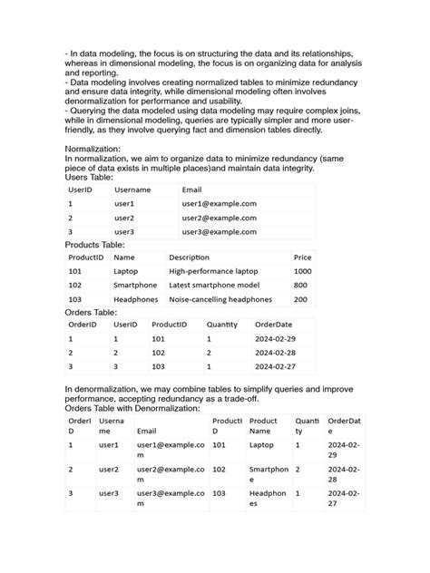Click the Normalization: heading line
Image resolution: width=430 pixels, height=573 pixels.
[99, 148]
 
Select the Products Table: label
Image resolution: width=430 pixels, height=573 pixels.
[95, 245]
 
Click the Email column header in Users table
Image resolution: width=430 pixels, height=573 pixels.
[191, 190]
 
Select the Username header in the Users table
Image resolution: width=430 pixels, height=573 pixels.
[132, 190]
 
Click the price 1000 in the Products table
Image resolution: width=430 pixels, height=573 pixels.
[302, 271]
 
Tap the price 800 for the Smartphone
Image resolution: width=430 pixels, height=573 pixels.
[300, 285]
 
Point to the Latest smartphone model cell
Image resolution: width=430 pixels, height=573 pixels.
[214, 285]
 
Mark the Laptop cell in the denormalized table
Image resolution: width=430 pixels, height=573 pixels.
[261, 445]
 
